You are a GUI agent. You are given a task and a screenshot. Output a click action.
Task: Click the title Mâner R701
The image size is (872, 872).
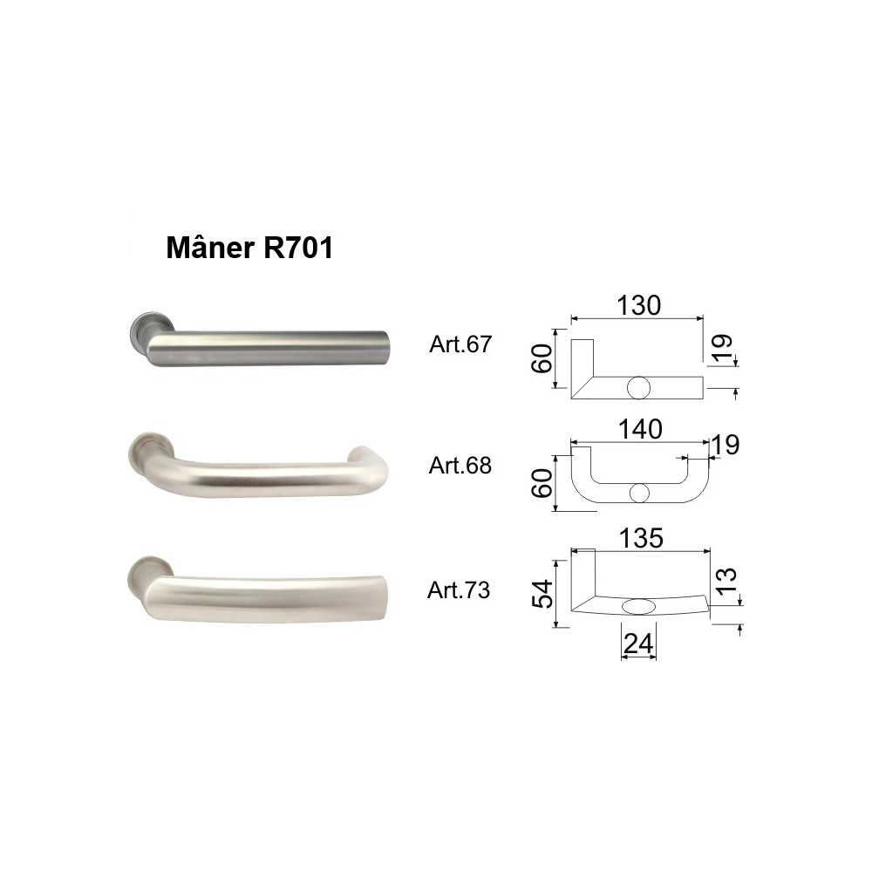point(249,248)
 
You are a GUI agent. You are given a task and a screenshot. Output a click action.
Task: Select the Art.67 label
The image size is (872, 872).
point(460,344)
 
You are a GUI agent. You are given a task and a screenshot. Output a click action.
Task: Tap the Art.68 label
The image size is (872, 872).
point(460,466)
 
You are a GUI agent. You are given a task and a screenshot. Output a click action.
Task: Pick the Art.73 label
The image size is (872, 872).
point(459,590)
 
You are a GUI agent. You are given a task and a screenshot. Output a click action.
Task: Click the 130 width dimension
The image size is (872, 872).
point(639,305)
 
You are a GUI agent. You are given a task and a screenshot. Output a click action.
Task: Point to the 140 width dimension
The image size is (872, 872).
point(640,429)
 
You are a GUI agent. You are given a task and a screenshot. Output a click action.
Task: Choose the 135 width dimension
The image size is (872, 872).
point(641,538)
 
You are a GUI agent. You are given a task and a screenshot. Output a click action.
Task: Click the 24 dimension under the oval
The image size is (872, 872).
point(638,644)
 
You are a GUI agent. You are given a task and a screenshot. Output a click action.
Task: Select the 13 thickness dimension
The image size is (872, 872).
point(727,580)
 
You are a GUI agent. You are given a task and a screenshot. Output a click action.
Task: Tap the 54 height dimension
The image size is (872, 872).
point(542,594)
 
